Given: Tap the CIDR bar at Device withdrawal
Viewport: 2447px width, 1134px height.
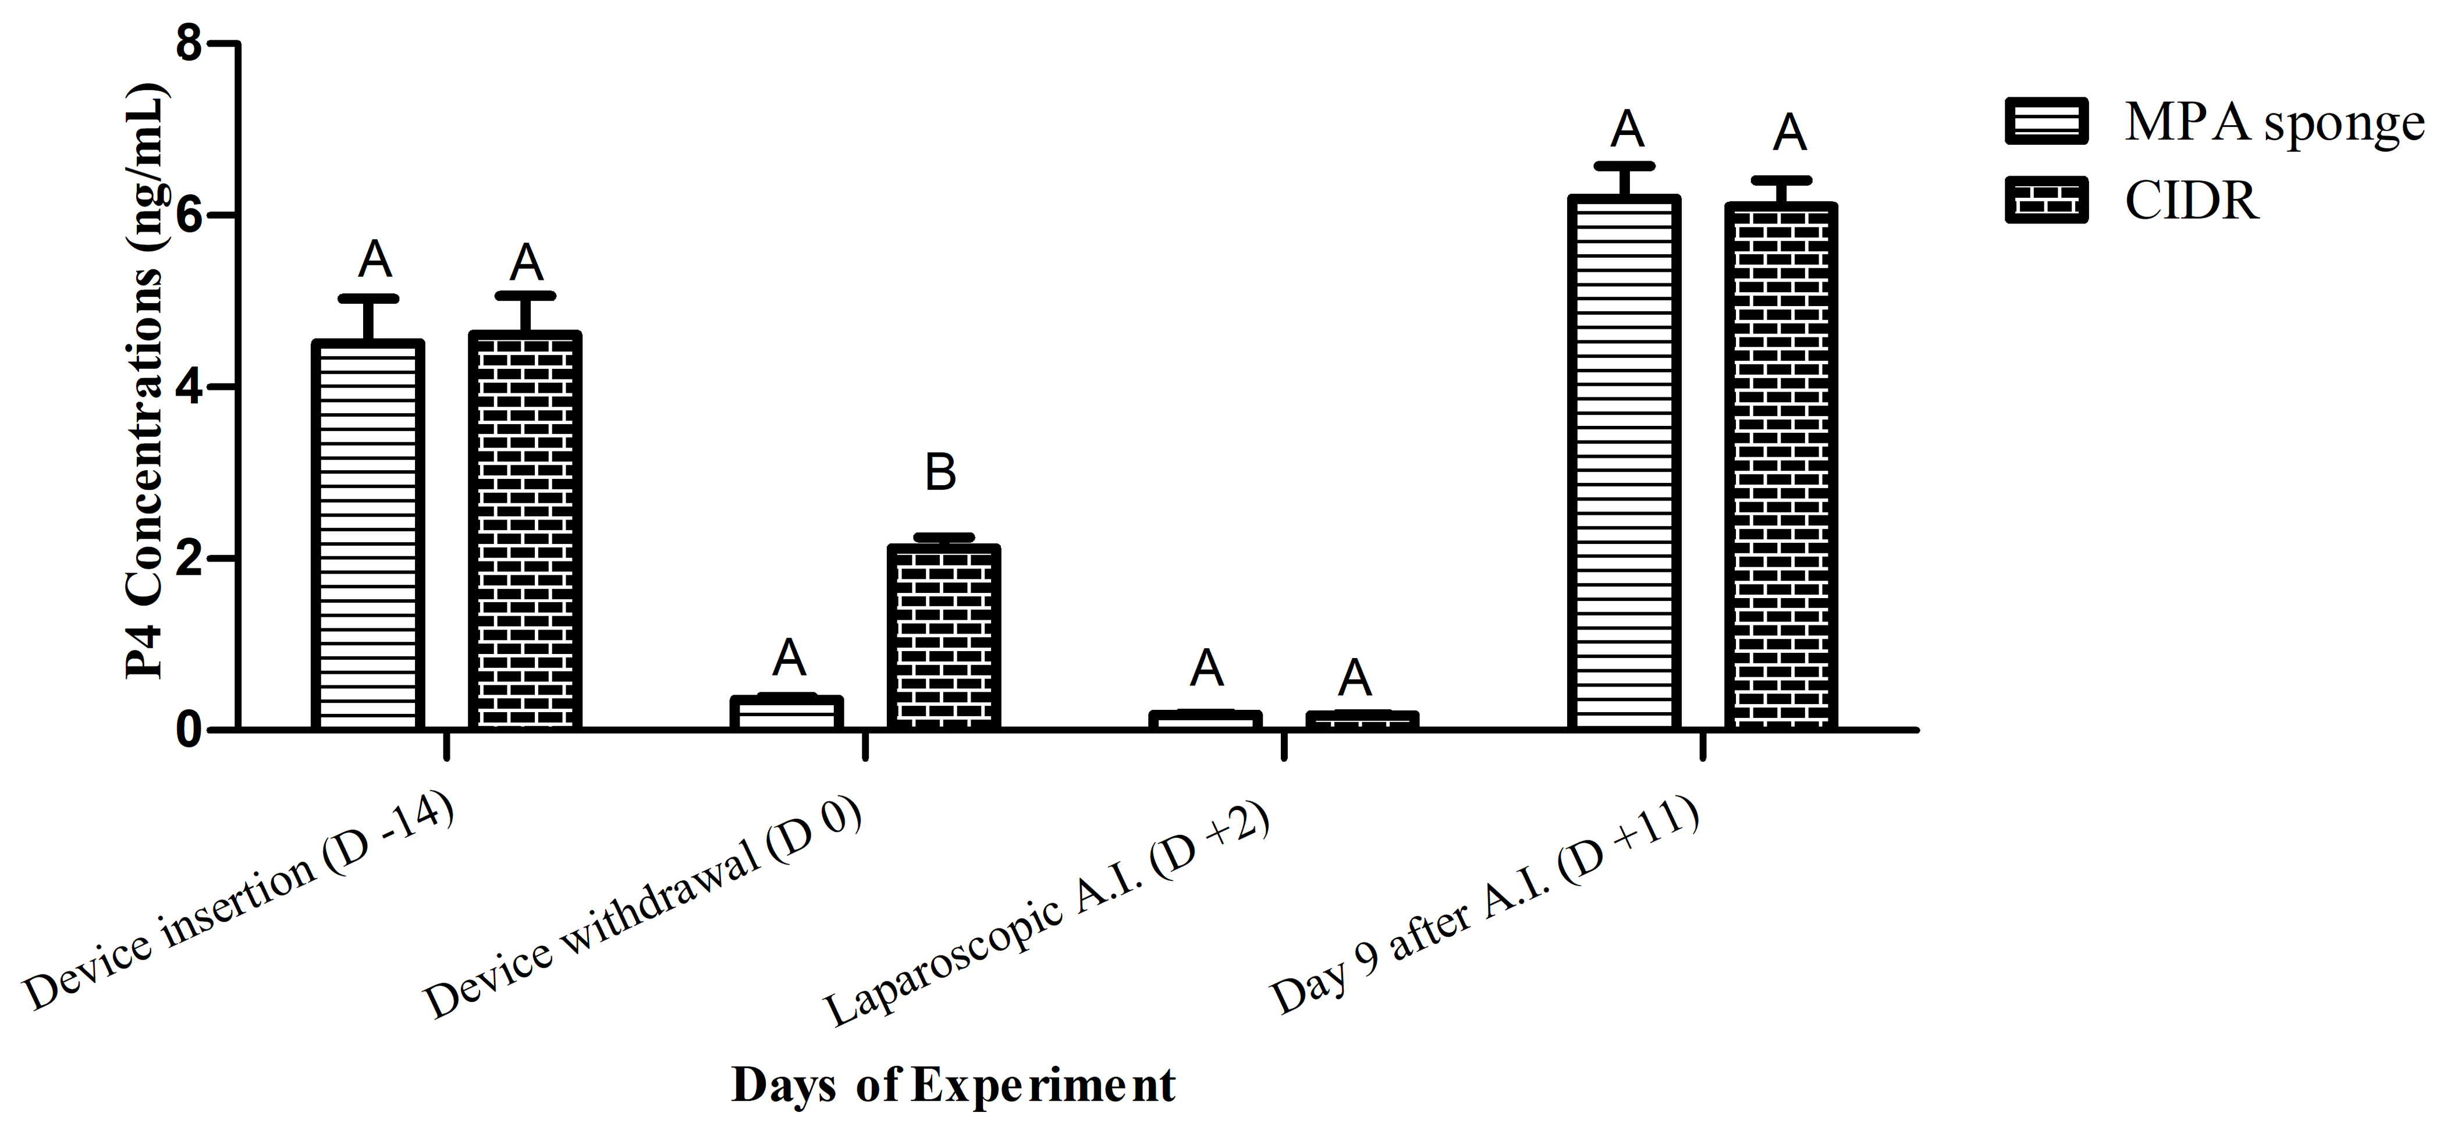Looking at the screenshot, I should coord(943,637).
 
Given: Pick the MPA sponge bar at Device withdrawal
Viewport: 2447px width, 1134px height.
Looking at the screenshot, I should coord(787,712).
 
